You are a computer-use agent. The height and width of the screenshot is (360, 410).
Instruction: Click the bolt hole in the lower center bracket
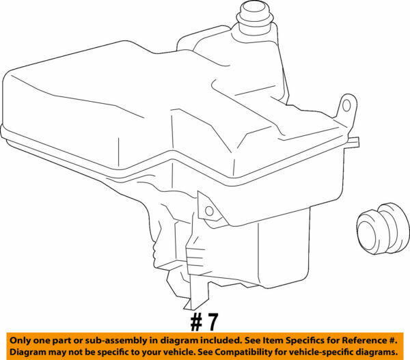(x=209, y=210)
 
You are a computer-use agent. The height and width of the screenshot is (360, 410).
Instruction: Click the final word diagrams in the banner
(x=381, y=352)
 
